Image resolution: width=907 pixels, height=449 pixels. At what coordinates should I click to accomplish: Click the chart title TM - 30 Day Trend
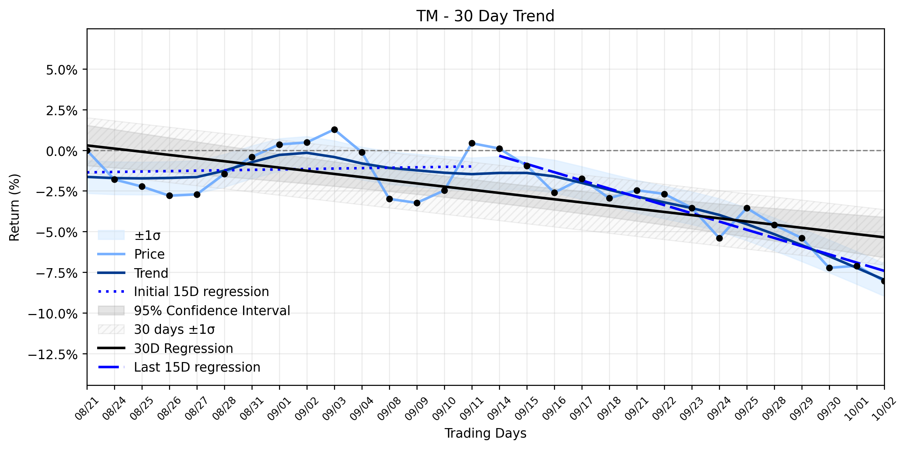point(485,16)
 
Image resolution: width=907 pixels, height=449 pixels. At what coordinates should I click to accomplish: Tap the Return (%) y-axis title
point(14,207)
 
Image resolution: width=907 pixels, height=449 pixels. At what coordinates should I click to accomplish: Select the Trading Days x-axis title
point(485,433)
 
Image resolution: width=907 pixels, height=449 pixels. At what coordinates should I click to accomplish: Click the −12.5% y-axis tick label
point(53,355)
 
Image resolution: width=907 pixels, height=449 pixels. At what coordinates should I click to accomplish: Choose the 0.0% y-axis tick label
point(62,151)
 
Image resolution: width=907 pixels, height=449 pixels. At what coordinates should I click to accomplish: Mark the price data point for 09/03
point(334,129)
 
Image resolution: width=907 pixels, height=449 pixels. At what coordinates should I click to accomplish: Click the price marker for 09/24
point(719,238)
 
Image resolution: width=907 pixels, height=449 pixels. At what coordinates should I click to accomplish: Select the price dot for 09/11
point(472,143)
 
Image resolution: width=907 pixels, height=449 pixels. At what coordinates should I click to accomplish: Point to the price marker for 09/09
point(417,203)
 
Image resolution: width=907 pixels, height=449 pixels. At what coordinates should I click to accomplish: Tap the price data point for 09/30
point(829,268)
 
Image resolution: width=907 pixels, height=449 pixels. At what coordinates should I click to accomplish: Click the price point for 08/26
point(169,196)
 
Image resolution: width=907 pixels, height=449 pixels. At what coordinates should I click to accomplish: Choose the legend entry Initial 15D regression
point(183,292)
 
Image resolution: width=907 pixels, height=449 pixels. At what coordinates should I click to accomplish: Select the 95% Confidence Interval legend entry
point(194,311)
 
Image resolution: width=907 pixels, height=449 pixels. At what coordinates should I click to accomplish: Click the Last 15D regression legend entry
point(179,367)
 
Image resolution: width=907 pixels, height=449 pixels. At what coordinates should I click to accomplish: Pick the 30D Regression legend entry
point(165,348)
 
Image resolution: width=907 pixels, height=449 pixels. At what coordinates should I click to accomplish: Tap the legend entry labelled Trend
point(133,273)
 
